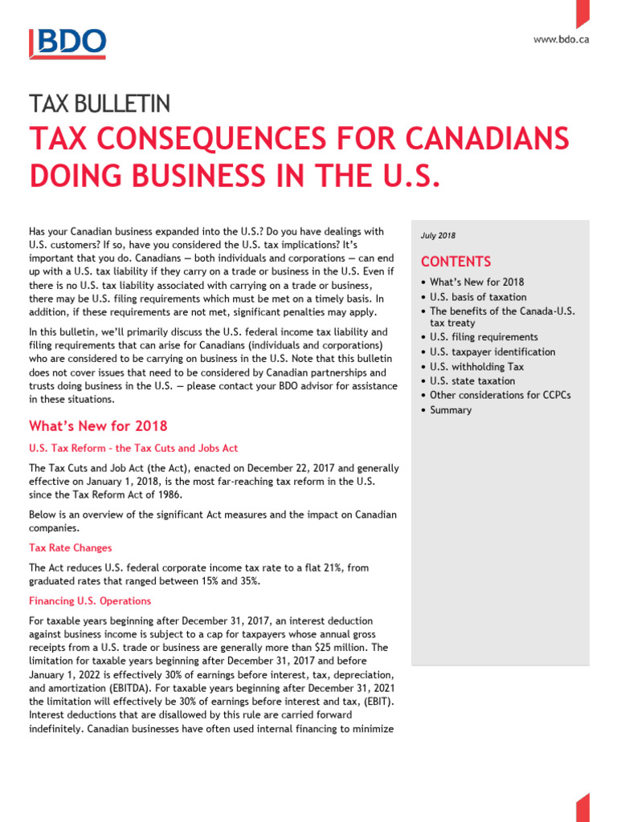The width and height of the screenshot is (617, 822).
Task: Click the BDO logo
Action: coord(67,44)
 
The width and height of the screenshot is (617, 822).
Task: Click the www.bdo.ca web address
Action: coord(561,39)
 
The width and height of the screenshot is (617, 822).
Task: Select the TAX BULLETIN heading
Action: coord(100,104)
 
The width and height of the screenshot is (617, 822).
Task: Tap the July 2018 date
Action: coord(438,235)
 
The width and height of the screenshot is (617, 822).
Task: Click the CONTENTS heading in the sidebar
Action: coord(456,262)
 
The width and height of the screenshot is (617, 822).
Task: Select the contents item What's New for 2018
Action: coord(476,282)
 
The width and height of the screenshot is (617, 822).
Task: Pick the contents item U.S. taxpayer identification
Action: coord(492,352)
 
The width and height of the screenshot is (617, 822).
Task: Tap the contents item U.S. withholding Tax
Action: coord(476,367)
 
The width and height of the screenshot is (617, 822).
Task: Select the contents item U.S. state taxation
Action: coord(472,381)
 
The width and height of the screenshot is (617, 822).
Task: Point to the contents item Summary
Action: coord(451,410)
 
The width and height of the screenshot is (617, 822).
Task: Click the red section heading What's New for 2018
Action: coord(98,425)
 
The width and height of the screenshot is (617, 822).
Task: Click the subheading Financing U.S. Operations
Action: coord(90,600)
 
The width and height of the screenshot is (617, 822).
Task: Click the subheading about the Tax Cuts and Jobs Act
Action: coord(133,448)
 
